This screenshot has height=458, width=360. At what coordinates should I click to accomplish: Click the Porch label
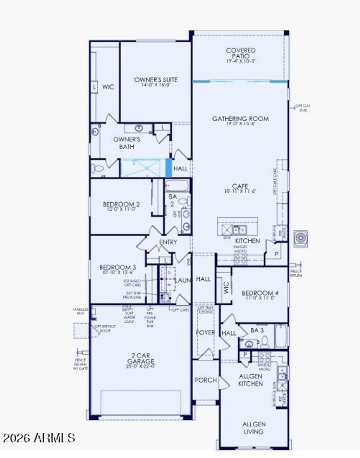point(206,380)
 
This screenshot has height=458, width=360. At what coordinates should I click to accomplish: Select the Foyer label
point(205,332)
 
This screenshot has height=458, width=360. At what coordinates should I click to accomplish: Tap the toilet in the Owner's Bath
point(97,169)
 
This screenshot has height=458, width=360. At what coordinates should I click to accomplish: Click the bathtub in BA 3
point(281,336)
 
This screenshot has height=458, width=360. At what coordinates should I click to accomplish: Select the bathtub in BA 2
point(177,185)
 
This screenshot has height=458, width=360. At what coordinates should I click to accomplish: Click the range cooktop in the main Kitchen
point(240,259)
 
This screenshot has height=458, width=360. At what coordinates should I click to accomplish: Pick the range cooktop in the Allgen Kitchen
point(264,358)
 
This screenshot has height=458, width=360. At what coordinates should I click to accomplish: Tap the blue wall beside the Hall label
point(169,168)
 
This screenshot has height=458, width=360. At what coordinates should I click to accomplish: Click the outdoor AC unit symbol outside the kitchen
point(301,239)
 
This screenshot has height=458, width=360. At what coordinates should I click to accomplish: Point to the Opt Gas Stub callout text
point(303,108)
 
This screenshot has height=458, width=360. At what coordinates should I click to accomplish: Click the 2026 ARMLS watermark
point(39,438)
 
